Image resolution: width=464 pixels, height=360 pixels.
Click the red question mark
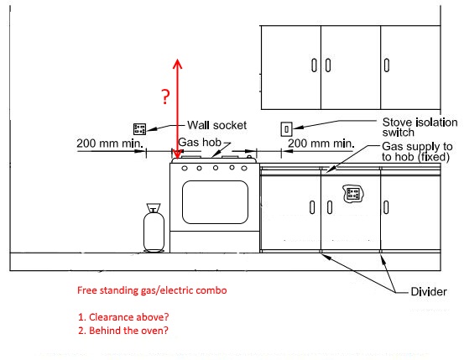[166, 97]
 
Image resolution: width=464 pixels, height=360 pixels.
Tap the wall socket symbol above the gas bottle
[139, 128]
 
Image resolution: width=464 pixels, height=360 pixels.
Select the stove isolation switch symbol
[286, 129]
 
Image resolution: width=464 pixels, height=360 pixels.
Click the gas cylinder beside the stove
[154, 227]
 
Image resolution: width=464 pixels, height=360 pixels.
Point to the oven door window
[215, 202]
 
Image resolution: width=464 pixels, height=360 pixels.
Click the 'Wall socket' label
[216, 125]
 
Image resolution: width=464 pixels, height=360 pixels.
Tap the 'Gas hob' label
[200, 143]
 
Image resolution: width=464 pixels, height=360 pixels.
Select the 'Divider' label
[429, 292]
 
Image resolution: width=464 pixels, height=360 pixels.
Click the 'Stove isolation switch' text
[420, 127]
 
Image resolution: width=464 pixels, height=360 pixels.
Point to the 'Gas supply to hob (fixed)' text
[417, 152]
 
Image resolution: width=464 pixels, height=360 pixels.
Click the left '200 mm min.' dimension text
[110, 143]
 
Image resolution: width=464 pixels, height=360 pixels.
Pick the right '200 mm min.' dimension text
[321, 143]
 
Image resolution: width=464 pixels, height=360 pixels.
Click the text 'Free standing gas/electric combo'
[152, 290]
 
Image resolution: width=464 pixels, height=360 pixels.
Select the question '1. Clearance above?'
[123, 317]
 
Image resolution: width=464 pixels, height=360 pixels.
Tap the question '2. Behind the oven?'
[123, 331]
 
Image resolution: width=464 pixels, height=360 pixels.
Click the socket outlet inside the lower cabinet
[353, 194]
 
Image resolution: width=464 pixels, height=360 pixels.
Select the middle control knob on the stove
[216, 168]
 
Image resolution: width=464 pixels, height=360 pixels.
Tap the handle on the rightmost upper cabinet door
[387, 65]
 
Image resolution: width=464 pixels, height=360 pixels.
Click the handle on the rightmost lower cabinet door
[386, 207]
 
